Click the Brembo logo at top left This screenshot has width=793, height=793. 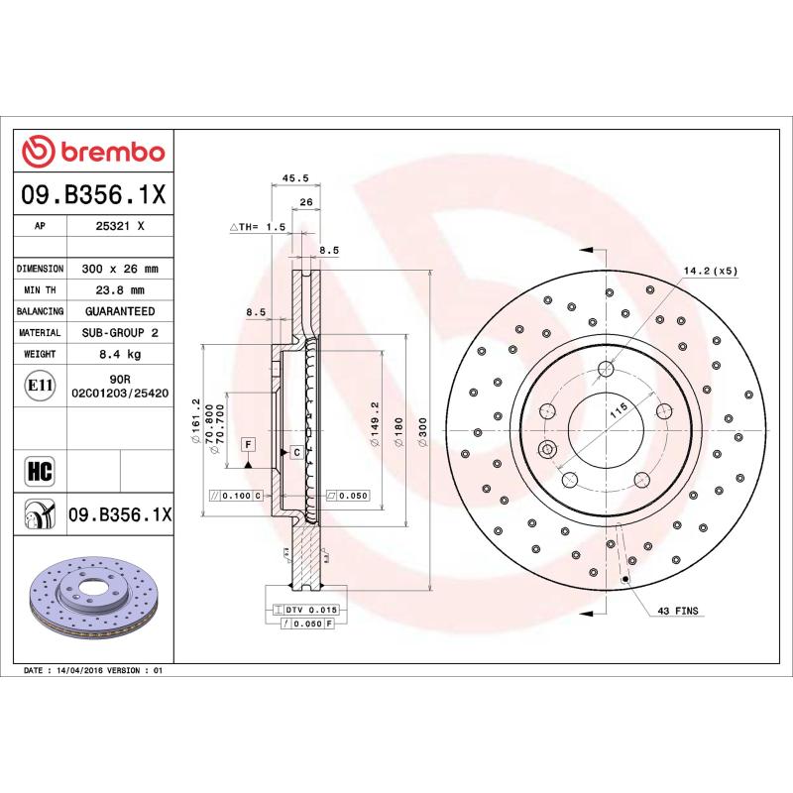tap(93, 153)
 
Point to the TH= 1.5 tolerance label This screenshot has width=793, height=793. tap(259, 227)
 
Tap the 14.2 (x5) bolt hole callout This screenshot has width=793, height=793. tap(710, 270)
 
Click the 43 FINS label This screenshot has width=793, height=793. tap(678, 613)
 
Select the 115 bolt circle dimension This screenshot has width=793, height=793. tap(619, 414)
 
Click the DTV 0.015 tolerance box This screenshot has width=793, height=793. tap(311, 608)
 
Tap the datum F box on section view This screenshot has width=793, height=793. tap(247, 443)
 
